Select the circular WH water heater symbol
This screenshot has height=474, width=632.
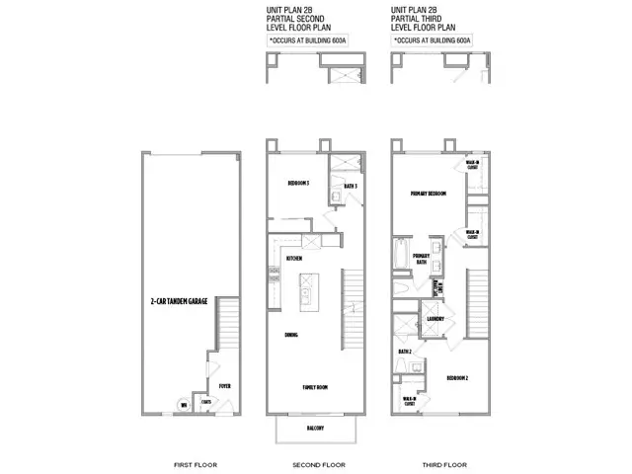pos(183,404)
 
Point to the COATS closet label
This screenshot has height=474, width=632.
pos(206,402)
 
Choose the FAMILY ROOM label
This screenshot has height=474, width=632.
pos(315,387)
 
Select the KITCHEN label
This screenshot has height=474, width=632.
pos(293,258)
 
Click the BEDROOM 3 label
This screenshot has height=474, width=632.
pos(299,184)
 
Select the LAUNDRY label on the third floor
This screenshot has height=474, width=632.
pos(436,319)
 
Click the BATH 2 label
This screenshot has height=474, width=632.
pos(405,351)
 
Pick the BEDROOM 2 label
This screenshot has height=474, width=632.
pos(455,377)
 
